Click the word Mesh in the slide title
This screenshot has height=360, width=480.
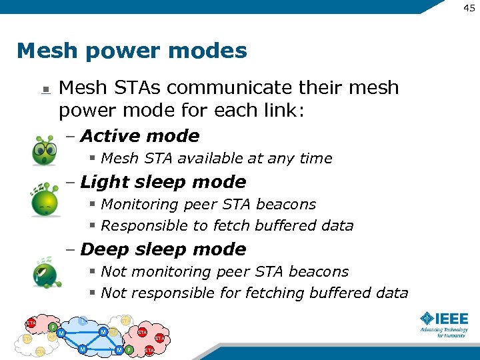pos(44,51)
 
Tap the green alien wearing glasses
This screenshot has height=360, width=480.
pos(45,151)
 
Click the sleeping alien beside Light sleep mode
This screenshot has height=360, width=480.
pos(44,201)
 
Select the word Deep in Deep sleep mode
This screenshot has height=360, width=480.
pos(104,249)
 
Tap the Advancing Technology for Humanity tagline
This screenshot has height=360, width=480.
pos(443,332)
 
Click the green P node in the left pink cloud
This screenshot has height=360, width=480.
pos(53,327)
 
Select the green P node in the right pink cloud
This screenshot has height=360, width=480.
pos(129,350)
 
